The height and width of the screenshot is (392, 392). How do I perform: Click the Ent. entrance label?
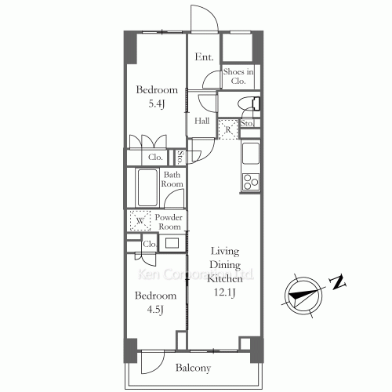coord(205,56)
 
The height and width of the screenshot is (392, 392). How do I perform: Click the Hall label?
coord(201,121)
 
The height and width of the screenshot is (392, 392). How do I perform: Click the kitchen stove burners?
coord(252,183)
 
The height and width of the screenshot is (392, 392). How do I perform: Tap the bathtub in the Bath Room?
coord(148,188)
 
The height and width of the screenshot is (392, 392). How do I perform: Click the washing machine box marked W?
coord(140,222)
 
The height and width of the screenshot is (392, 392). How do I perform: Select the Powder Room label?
coord(169,222)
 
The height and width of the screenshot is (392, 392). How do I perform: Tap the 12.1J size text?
coord(224,292)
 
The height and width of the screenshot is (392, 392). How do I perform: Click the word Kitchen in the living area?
coord(224,278)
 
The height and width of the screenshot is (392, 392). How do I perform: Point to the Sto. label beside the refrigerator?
coord(246,123)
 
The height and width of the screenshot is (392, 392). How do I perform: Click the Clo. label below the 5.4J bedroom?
coord(156,158)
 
